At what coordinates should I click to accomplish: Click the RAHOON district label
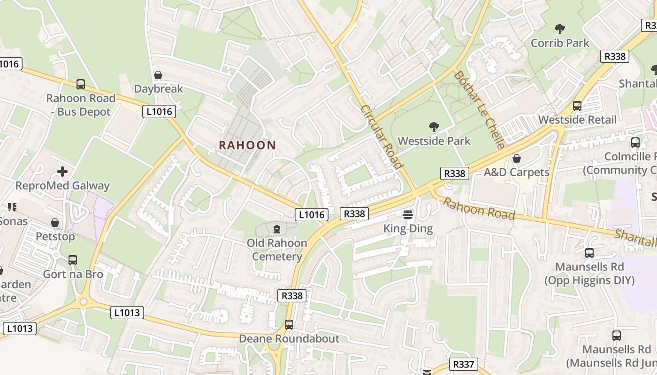247,145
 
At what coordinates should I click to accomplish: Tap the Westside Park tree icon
434,127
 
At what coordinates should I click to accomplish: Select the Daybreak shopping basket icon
158,75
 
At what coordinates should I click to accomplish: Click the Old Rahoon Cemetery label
277,249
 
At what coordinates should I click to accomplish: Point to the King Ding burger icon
408,215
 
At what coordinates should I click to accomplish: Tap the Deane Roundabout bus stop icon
289,324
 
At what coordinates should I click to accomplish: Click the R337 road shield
464,364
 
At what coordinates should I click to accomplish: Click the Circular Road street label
382,136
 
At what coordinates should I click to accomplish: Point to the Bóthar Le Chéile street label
479,110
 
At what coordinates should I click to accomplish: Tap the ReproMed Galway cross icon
62,172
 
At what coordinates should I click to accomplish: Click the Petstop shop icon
55,223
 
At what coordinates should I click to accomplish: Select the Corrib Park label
560,43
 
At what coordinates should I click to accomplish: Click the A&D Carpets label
516,172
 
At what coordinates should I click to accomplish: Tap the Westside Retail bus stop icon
577,106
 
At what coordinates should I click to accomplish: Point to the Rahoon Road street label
479,209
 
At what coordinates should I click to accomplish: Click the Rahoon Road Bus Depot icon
81,84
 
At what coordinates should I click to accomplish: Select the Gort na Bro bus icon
73,260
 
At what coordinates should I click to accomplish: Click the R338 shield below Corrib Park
614,56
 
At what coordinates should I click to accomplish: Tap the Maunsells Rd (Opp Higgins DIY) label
589,274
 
